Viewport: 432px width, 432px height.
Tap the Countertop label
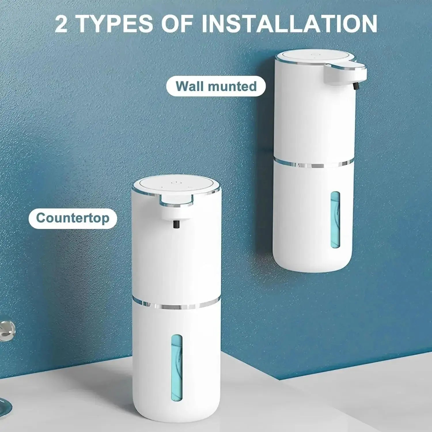(73, 218)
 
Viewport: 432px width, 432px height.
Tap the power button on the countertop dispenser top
(175, 182)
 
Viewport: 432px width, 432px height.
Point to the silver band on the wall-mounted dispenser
(314, 165)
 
